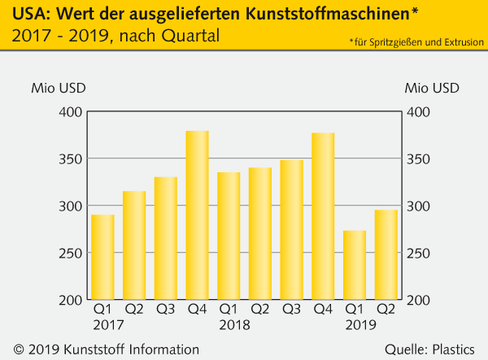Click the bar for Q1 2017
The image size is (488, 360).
(x=102, y=257)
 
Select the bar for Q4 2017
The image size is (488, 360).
(x=198, y=215)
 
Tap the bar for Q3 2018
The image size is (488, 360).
(x=292, y=230)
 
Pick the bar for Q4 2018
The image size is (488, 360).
(x=323, y=216)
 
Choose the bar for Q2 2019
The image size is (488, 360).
(x=386, y=254)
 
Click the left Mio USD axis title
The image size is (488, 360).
(x=58, y=88)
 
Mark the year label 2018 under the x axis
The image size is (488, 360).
(x=233, y=325)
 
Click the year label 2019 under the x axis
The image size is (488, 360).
(x=360, y=325)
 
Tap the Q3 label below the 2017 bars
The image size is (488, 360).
(x=166, y=310)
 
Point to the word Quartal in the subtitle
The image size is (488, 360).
(x=193, y=37)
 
